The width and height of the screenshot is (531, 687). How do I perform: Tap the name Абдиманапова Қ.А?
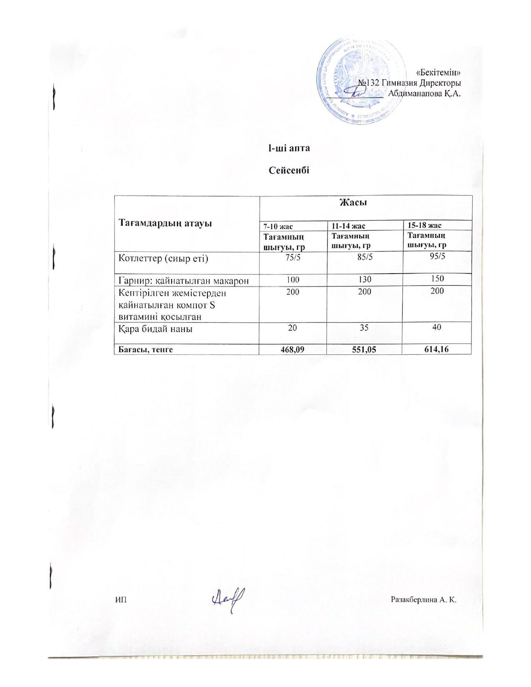click(424, 93)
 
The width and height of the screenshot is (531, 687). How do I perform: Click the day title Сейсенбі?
click(289, 170)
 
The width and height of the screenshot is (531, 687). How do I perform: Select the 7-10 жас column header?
click(278, 226)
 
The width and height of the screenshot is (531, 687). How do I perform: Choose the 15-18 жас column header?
click(424, 225)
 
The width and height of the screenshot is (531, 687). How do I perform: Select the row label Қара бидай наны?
click(156, 329)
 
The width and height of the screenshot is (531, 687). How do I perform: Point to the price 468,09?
click(293, 350)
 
